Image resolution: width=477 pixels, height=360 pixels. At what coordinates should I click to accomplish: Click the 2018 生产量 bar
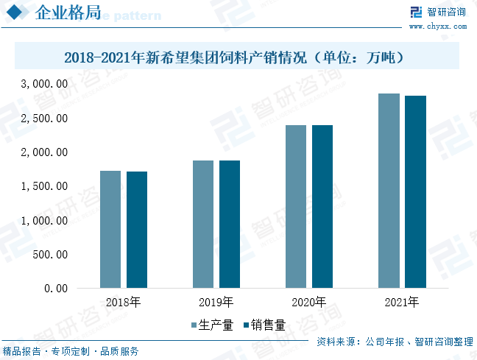[x=110, y=229]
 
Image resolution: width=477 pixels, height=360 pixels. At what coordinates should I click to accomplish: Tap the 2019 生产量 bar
[x=203, y=224]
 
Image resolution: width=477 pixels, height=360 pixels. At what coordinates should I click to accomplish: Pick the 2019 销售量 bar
[x=230, y=224]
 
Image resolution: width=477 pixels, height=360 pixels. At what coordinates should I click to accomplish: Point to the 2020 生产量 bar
[x=296, y=206]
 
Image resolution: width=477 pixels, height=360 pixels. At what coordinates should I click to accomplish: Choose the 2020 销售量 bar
[x=322, y=206]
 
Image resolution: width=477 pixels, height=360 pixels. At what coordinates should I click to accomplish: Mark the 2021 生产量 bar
[x=389, y=190]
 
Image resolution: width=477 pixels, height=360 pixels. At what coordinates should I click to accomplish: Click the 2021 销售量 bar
[x=415, y=191]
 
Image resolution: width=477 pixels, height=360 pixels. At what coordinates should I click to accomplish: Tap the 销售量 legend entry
[x=263, y=325]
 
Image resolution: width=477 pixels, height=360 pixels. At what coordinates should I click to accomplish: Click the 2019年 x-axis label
[x=216, y=303]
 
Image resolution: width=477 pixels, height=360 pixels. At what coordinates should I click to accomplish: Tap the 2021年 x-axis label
[x=401, y=303]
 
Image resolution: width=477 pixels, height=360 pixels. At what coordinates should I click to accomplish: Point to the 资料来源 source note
[x=395, y=342]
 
